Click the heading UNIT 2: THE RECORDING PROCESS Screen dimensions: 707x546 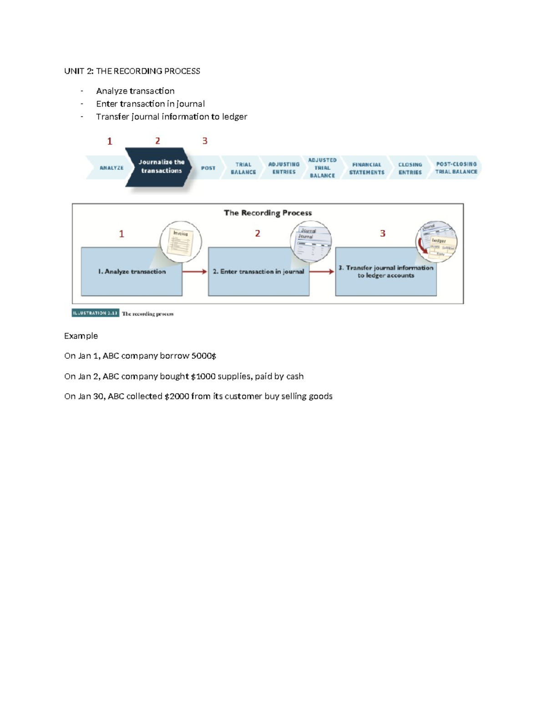(132, 71)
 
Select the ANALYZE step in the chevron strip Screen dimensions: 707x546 (111, 168)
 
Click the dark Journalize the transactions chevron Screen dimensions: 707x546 (161, 167)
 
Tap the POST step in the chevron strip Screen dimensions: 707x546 (208, 168)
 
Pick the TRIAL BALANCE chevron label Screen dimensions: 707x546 (243, 168)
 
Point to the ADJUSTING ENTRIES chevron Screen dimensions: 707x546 (283, 168)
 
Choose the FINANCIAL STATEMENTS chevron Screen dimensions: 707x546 (366, 168)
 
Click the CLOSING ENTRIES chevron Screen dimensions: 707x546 (410, 168)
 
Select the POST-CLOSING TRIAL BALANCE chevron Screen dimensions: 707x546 (456, 168)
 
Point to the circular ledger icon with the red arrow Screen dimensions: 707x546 (436, 241)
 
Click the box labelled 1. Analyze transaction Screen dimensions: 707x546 (131, 272)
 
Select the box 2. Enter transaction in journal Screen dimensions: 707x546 (258, 272)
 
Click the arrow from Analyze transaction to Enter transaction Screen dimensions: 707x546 (195, 272)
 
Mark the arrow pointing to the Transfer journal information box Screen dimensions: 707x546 (322, 272)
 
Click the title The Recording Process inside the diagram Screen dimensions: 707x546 (268, 213)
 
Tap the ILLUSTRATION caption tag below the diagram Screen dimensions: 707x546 (96, 313)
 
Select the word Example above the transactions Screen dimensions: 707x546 (81, 336)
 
